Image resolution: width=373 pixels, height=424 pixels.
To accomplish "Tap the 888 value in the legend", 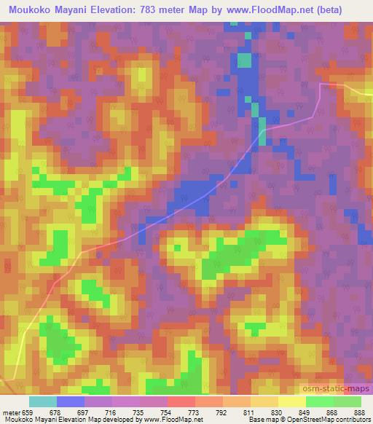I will (x=354, y=412).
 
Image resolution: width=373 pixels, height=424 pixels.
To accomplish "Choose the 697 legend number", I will (x=89, y=412).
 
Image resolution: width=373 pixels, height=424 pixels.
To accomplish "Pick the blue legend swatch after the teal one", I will (x=71, y=401).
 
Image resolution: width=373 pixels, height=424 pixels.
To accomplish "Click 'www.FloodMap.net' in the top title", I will (x=255, y=9).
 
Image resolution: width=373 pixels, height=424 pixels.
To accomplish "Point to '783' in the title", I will (x=165, y=9).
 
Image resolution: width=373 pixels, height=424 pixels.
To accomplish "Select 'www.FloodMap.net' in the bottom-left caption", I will (x=173, y=420).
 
